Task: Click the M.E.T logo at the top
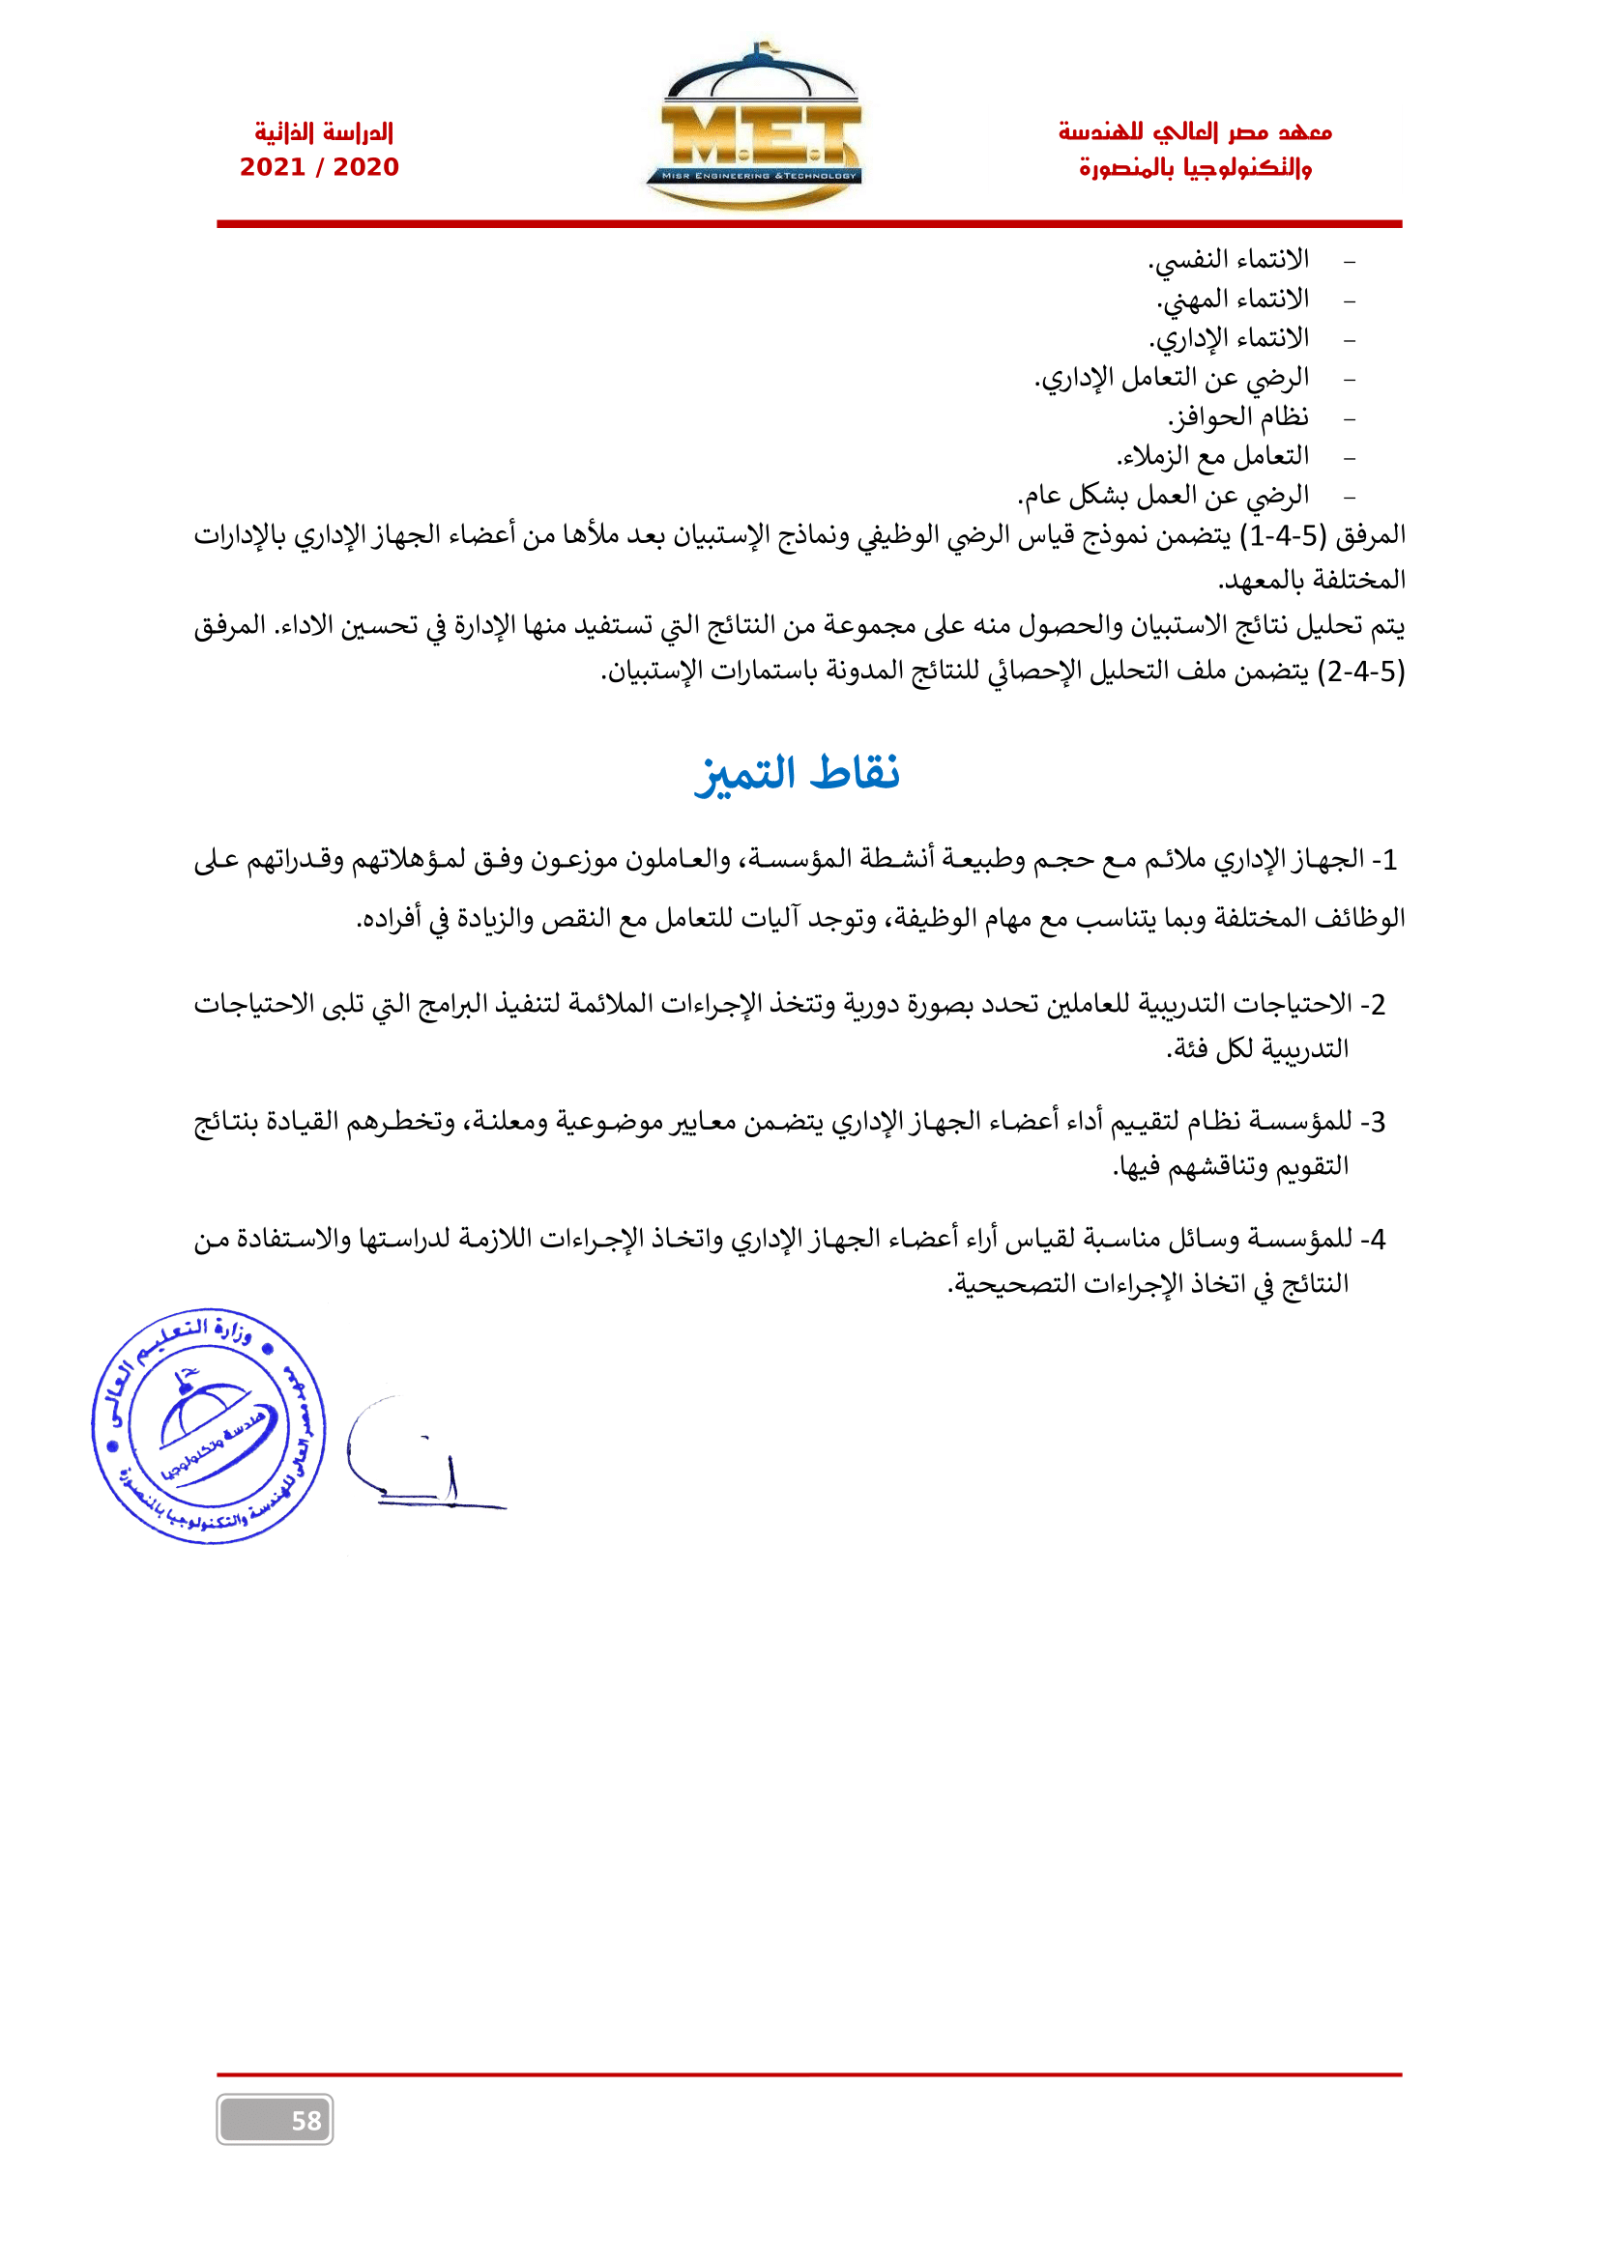753,128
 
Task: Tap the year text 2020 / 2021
319,167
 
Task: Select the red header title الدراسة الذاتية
323,132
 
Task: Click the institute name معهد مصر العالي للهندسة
1194,132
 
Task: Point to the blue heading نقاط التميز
798,774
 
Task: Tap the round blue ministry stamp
209,1426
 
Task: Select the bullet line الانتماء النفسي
1229,260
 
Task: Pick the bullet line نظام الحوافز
1238,417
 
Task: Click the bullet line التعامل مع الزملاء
1213,457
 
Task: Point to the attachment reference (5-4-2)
1365,672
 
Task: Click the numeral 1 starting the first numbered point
1388,860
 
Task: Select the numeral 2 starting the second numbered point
1378,1005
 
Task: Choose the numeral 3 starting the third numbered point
1378,1122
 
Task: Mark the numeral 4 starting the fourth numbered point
1378,1240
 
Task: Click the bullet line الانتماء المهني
1233,300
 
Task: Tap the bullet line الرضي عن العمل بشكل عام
1164,496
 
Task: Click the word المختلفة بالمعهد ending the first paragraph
1312,581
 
